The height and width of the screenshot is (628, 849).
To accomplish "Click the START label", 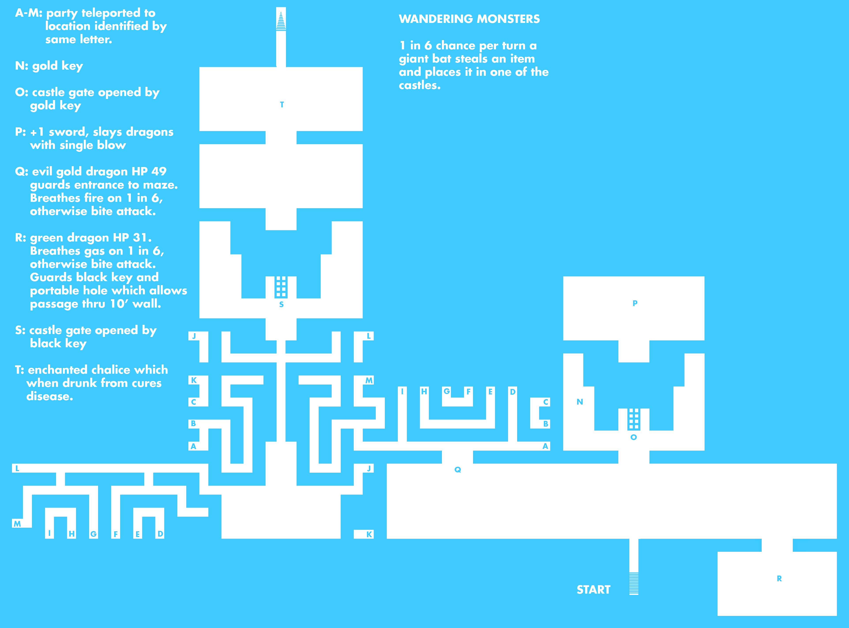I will coord(593,590).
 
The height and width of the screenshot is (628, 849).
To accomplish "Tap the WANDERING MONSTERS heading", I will coord(469,19).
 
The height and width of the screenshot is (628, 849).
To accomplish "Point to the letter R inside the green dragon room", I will coord(779,579).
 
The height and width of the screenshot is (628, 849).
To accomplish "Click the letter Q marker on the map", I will coord(458,470).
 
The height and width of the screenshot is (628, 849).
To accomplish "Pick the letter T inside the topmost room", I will coord(282,104).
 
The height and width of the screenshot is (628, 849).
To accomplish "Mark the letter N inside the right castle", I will coord(580,402).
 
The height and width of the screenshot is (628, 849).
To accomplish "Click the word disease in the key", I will coord(49,396).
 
